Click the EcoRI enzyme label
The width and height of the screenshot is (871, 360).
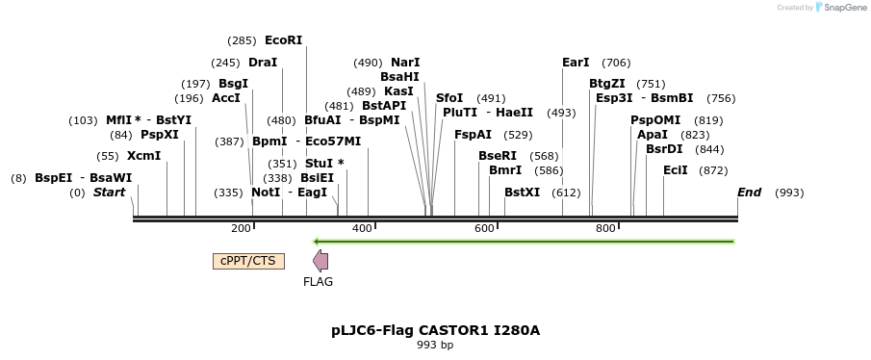click(x=283, y=40)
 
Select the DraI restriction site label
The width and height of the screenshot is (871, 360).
click(x=263, y=63)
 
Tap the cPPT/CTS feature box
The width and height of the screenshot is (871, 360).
click(x=248, y=261)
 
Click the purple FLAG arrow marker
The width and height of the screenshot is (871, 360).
click(x=320, y=261)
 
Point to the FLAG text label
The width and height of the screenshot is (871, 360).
click(x=318, y=282)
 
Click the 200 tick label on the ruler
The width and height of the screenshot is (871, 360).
click(x=241, y=228)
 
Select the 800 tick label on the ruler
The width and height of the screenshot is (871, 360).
click(x=605, y=228)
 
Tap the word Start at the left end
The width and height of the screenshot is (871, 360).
click(x=109, y=193)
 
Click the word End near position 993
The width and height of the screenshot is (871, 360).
click(x=749, y=193)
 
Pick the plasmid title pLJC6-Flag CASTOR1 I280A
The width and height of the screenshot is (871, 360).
click(x=435, y=330)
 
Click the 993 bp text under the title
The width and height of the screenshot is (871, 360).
click(x=435, y=345)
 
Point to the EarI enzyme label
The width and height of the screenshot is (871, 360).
click(x=576, y=63)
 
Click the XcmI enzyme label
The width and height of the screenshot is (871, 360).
click(x=143, y=156)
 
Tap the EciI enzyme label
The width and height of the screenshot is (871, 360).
click(x=676, y=170)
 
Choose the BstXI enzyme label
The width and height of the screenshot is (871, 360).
click(x=523, y=193)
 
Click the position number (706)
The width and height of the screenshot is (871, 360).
click(x=616, y=63)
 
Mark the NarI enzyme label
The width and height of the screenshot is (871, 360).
click(x=405, y=63)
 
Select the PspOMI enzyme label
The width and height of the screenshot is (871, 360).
click(x=655, y=120)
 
